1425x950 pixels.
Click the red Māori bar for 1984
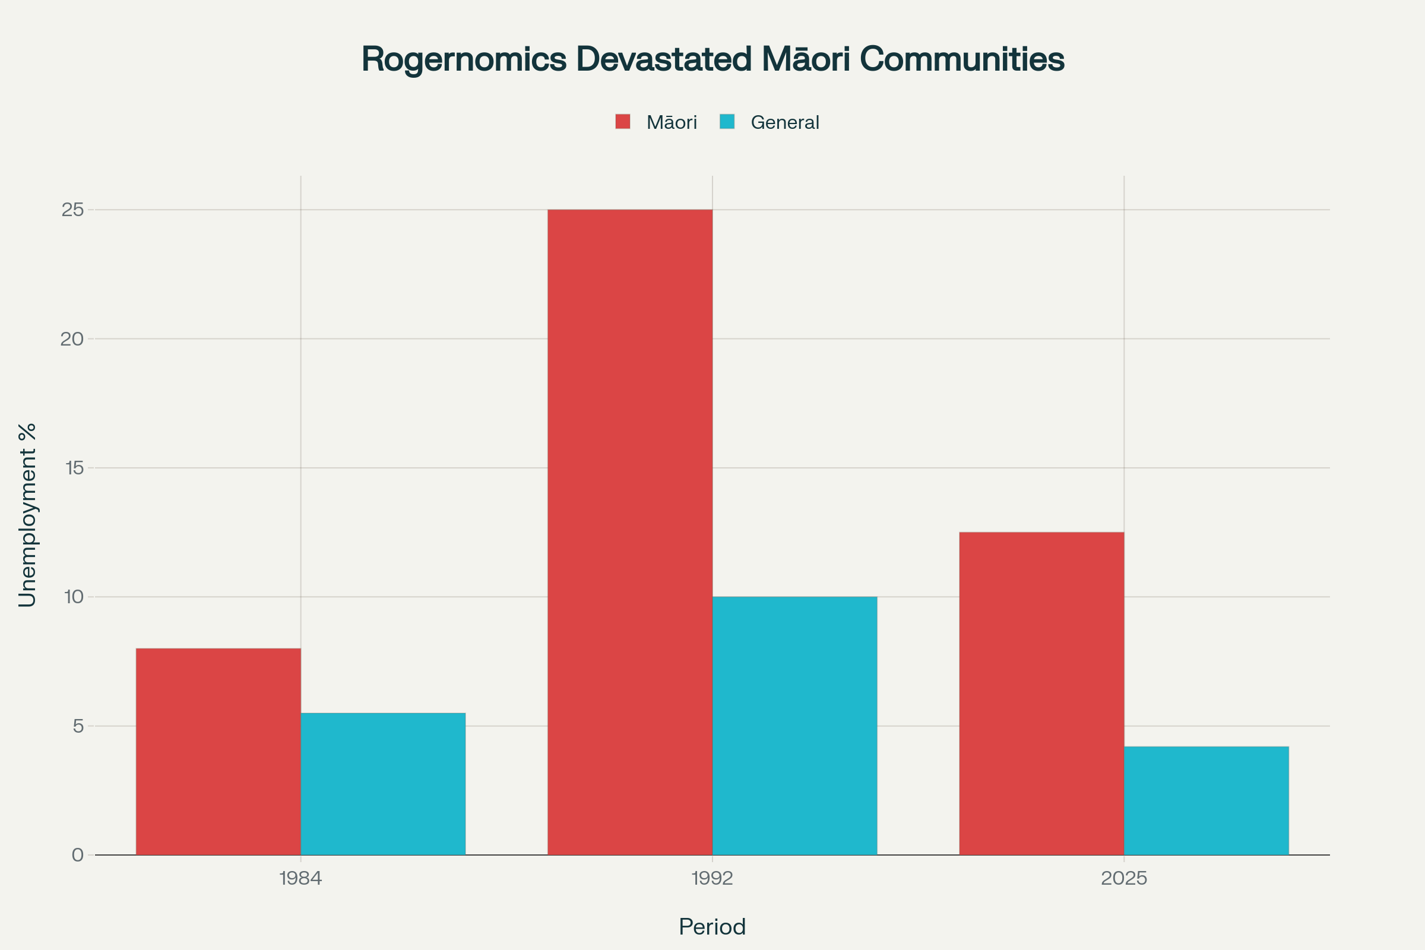coord(218,751)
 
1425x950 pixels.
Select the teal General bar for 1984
coord(383,784)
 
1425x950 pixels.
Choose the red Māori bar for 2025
coord(1041,693)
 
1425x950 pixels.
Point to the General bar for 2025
coord(1206,800)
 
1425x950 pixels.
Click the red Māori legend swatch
coord(623,122)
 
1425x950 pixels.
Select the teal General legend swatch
coord(727,122)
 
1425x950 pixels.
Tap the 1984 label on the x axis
coord(300,879)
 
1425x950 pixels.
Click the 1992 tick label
coord(712,879)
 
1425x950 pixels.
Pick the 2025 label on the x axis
coord(1124,879)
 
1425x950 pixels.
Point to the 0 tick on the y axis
coord(78,855)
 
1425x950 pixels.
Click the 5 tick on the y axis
coord(78,726)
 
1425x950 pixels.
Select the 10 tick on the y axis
coord(74,597)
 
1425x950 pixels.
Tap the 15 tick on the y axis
coord(74,468)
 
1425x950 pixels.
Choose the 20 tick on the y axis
coord(72,338)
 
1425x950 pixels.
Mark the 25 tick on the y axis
coord(72,210)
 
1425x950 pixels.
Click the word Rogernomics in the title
coord(464,59)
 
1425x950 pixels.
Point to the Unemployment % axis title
coord(27,515)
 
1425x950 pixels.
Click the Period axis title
coord(712,927)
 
